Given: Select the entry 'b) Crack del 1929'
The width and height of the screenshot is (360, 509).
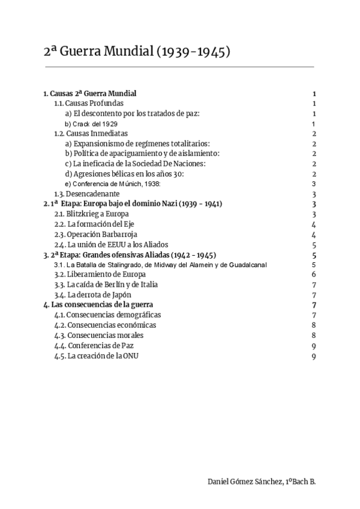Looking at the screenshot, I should click(x=91, y=124).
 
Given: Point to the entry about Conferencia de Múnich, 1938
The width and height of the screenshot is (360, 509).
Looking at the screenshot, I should click(x=113, y=184).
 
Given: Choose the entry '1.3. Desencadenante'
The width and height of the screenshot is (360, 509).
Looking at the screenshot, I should click(x=87, y=194).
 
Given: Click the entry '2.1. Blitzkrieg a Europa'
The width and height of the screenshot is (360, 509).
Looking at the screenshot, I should click(x=91, y=214).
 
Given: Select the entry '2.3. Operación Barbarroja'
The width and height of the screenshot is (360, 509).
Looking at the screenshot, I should click(x=94, y=234).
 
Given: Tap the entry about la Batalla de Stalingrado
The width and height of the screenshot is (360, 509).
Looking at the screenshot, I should click(x=160, y=265).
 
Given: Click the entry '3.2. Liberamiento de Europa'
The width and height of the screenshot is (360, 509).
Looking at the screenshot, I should click(x=96, y=274).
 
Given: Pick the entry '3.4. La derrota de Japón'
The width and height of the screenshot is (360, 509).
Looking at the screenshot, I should click(x=92, y=295).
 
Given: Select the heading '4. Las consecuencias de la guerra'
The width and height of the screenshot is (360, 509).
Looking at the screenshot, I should click(x=99, y=305).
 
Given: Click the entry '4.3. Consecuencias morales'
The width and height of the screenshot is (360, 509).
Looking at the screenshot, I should click(x=96, y=335).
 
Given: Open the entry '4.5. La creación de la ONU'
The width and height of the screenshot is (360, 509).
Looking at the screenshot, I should click(x=96, y=355).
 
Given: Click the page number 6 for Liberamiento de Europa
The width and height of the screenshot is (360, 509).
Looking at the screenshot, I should click(x=314, y=274).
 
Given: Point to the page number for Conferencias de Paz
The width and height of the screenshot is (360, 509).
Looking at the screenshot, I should click(x=314, y=345).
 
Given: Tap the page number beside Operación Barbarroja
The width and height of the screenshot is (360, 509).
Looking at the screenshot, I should click(x=314, y=234).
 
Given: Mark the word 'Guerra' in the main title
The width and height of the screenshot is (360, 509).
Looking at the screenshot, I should click(x=89, y=52).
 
